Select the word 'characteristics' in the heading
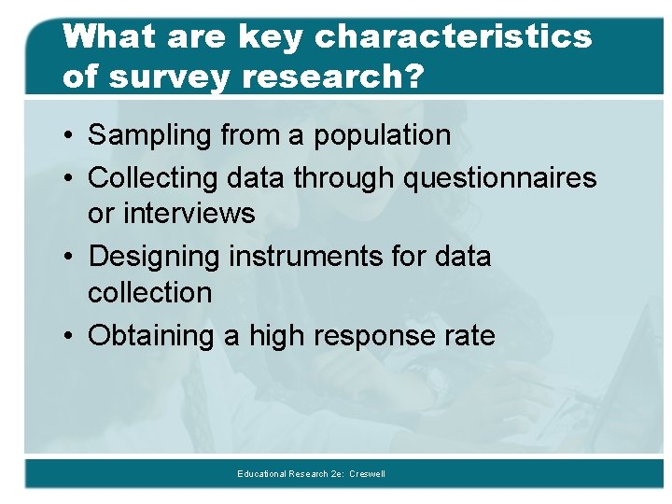point(453,37)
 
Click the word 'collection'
point(150,292)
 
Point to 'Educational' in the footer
point(262,474)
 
